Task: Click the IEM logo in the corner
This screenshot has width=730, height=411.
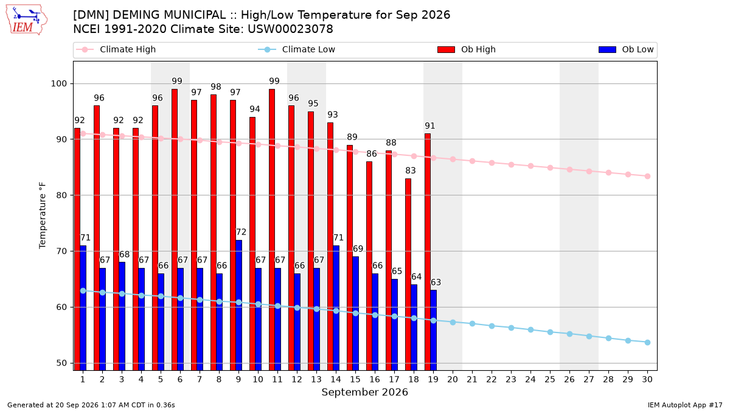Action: [27, 20]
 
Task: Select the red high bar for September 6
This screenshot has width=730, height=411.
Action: [175, 230]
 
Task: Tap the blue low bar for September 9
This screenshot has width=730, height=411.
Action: [239, 305]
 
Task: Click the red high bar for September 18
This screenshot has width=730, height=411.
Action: [408, 275]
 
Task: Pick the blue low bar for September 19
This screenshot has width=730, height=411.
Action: [433, 330]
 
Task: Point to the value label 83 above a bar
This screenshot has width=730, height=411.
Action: [410, 170]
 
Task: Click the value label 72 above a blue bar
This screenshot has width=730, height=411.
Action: [241, 232]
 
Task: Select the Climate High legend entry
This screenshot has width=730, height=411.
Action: [116, 49]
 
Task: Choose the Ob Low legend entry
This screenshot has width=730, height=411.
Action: [626, 49]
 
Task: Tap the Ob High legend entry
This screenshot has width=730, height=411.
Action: [467, 49]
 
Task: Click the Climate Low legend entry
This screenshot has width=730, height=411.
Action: [297, 49]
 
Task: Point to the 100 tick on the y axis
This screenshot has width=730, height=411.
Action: [58, 84]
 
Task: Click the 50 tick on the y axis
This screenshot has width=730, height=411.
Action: [61, 363]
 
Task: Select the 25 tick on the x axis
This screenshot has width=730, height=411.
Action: [550, 379]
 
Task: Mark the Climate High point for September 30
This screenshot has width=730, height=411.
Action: [647, 176]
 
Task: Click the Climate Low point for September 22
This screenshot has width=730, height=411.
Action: [492, 326]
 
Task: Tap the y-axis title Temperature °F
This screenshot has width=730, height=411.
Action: [43, 216]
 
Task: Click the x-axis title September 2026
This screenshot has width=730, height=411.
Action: [364, 392]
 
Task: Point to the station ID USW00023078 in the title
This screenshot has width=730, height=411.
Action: [290, 29]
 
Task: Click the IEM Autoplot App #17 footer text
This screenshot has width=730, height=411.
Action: [685, 405]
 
